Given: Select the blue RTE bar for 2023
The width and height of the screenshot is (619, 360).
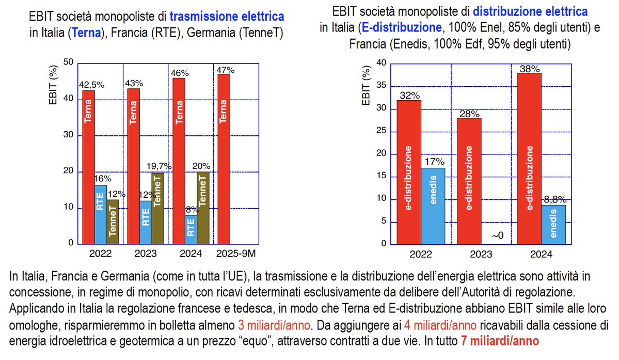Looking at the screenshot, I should [x=146, y=222].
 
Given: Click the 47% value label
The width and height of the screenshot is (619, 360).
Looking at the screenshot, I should [x=226, y=70].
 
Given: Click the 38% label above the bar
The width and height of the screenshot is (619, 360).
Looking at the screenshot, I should [x=530, y=69].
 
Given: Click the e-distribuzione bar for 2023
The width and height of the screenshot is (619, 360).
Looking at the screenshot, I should [x=469, y=181].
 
